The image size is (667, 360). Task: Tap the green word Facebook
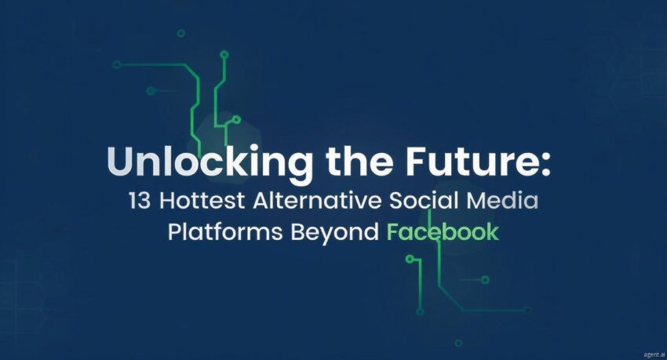tap(442, 233)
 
